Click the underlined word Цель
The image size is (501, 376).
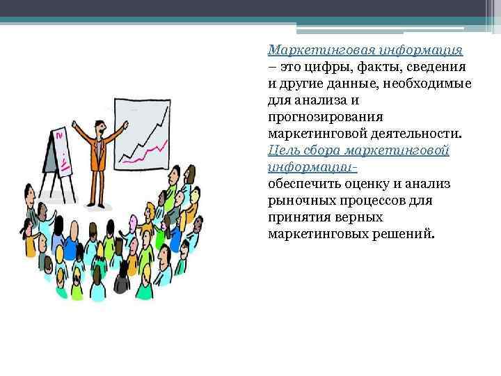284,150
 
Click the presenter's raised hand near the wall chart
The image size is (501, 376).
126,124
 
